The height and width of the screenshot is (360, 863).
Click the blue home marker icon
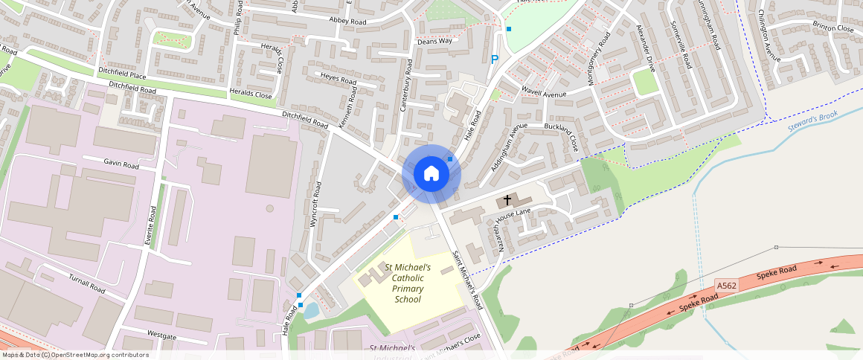coord(431,173)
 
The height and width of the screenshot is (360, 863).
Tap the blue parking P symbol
coord(494,59)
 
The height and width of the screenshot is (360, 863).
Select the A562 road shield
coord(727,286)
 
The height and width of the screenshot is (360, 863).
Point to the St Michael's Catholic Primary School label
coord(408,283)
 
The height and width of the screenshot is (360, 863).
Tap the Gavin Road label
coord(121,164)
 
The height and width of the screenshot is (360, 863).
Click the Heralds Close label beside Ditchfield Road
coord(251,95)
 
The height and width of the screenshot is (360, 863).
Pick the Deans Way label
coord(434,41)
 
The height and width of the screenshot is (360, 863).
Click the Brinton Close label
coord(833,28)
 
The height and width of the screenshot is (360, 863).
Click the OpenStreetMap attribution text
coord(75,355)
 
